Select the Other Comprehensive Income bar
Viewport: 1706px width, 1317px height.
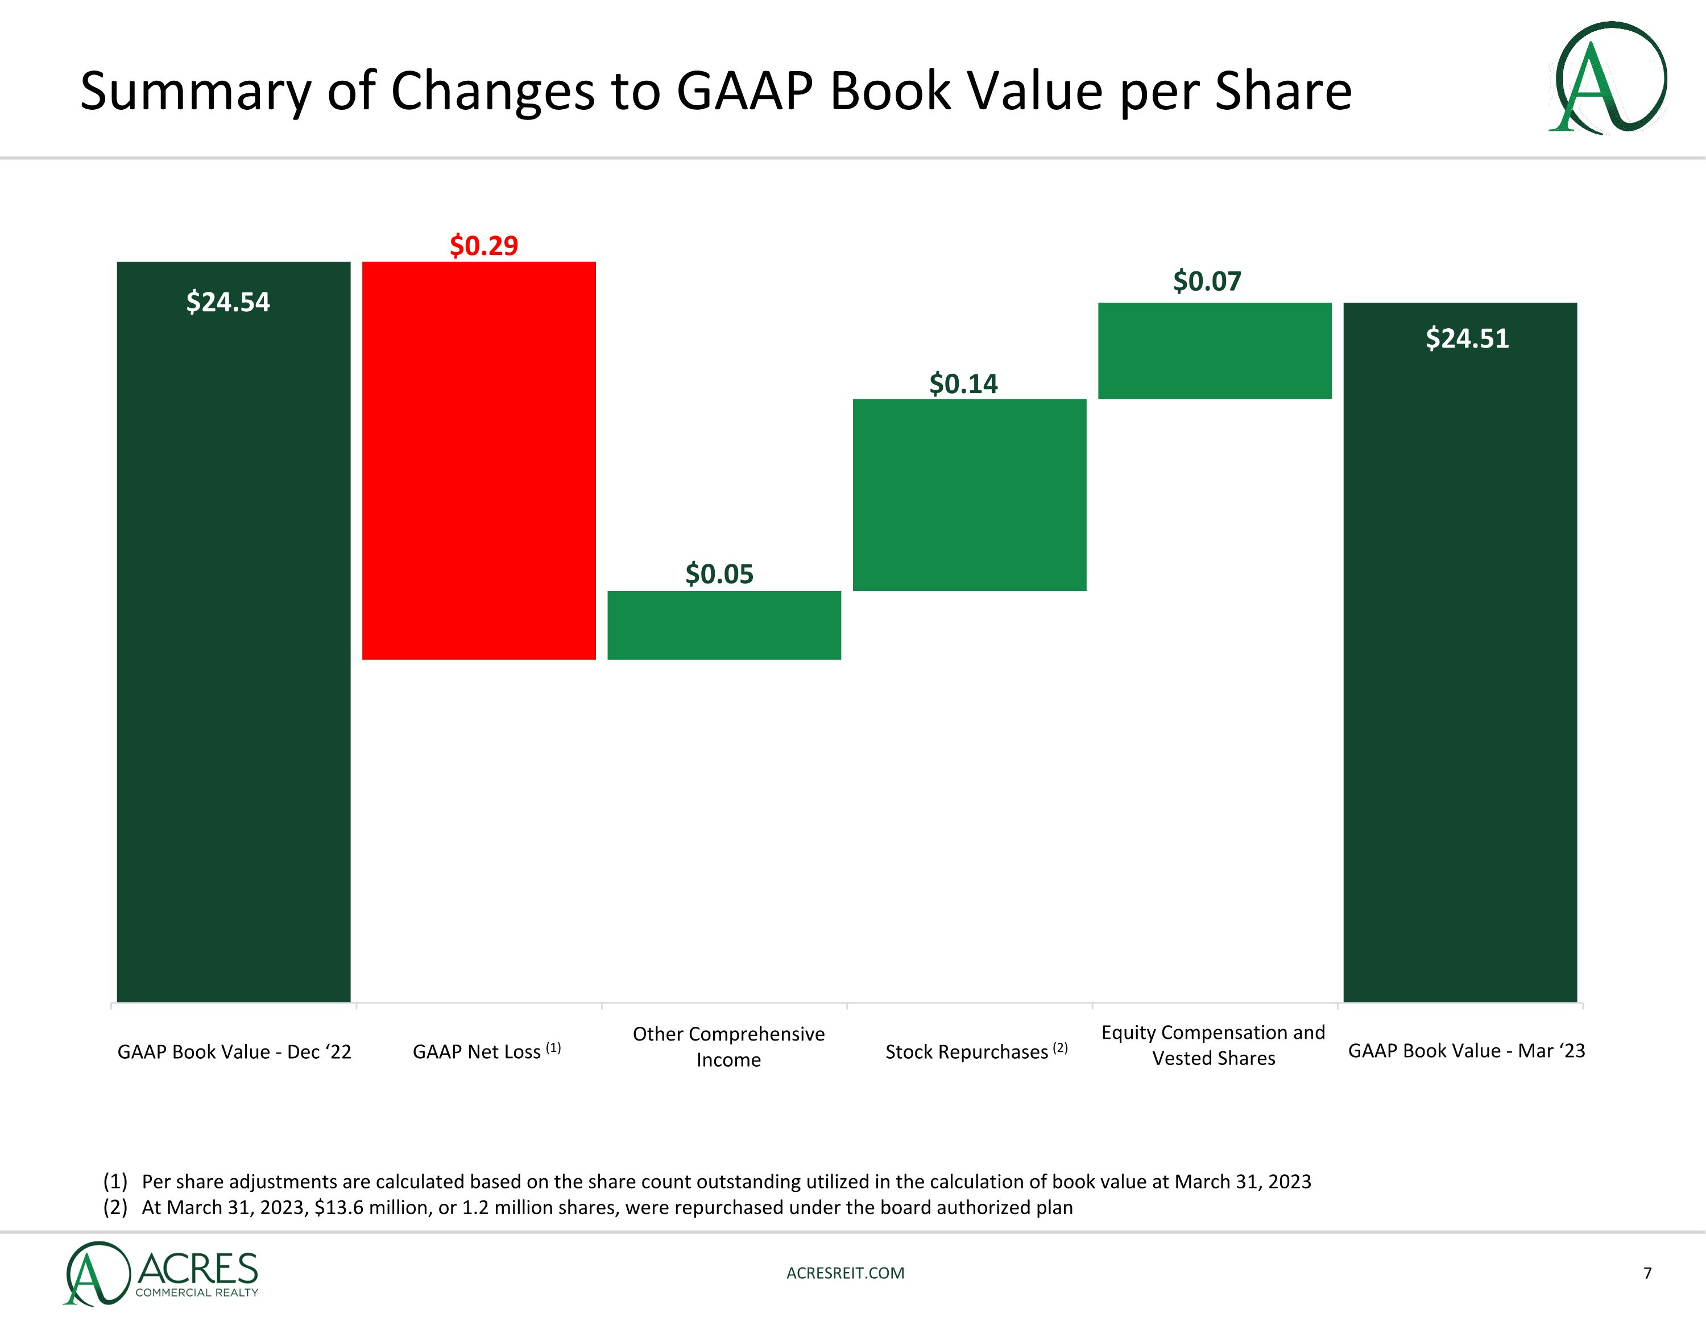click(x=724, y=625)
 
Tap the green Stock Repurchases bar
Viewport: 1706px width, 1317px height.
click(x=970, y=495)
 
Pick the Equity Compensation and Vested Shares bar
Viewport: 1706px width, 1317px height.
click(x=1215, y=351)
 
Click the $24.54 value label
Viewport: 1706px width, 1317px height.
click(x=228, y=302)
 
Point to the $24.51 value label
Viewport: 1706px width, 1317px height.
click(x=1467, y=338)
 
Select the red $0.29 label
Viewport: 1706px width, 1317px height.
click(x=483, y=245)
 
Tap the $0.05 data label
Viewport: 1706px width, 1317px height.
click(x=719, y=575)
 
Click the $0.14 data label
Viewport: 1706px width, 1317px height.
click(x=963, y=384)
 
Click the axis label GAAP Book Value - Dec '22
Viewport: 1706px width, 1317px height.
click(x=234, y=1052)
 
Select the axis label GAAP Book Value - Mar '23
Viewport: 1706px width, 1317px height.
click(x=1466, y=1051)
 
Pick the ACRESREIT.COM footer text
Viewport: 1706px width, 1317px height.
click(x=845, y=1273)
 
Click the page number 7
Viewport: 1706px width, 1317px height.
click(x=1647, y=1273)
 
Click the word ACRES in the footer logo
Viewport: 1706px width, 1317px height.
click(x=198, y=1268)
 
